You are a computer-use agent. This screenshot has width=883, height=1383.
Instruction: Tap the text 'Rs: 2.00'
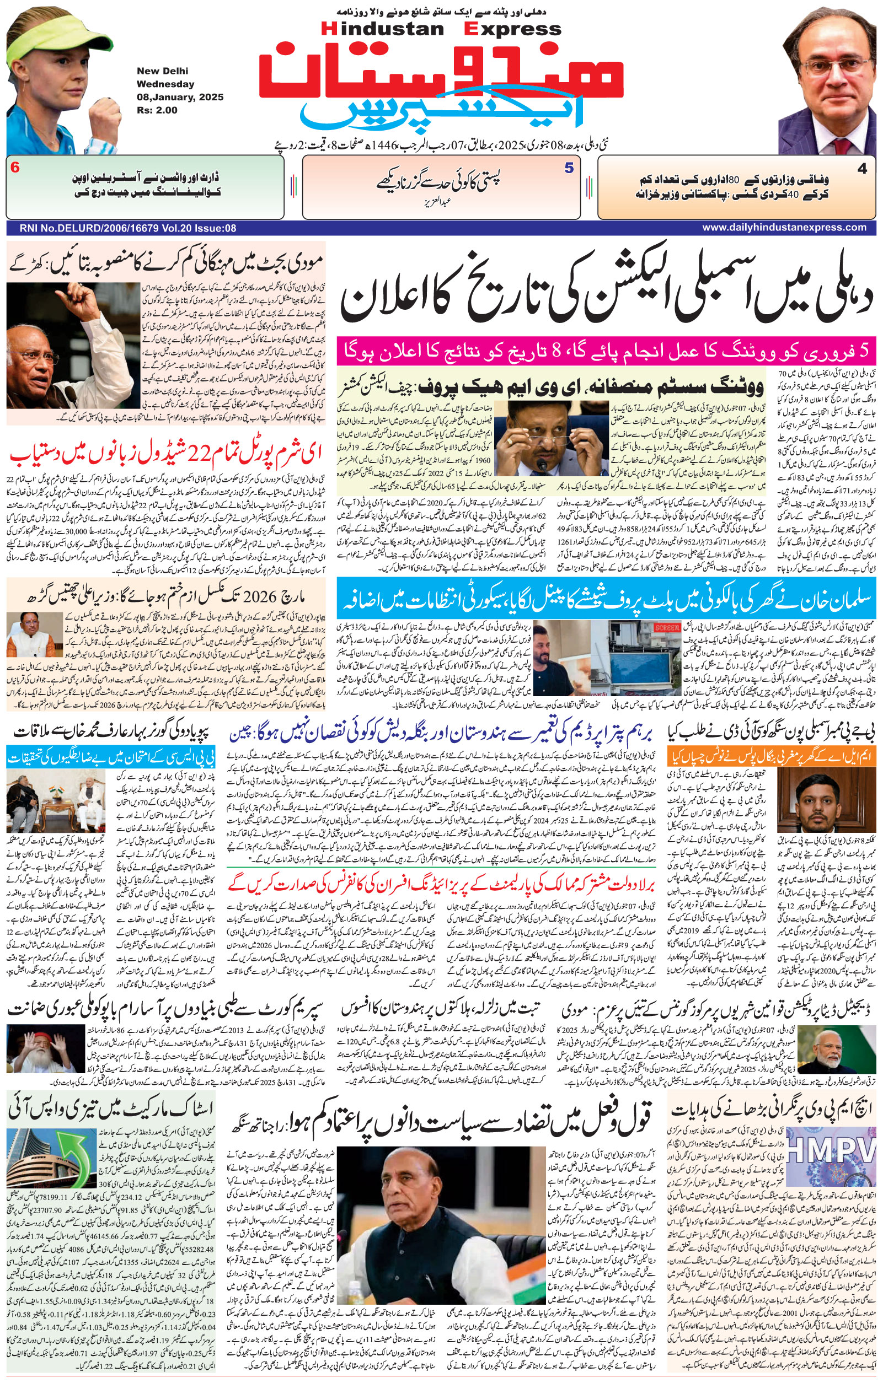tap(157, 110)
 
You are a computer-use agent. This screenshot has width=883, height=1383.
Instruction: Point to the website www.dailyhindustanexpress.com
tap(784, 228)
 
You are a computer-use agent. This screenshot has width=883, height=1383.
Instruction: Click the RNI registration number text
tap(127, 228)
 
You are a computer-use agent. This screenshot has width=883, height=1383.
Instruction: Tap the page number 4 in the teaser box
tap(861, 169)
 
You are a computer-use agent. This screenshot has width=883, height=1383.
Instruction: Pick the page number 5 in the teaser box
tap(569, 168)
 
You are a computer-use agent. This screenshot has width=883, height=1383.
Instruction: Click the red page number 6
tap(15, 168)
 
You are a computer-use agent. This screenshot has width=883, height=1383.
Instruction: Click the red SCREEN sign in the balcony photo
tap(666, 627)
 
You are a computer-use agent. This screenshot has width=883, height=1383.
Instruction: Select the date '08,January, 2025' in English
tap(180, 97)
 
